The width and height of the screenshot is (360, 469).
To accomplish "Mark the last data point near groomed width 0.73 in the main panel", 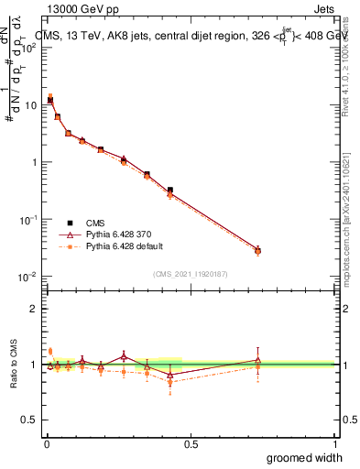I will [257, 250].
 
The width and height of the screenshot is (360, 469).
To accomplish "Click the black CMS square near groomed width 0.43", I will [170, 191].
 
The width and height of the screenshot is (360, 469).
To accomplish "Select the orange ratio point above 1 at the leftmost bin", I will [50, 351].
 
